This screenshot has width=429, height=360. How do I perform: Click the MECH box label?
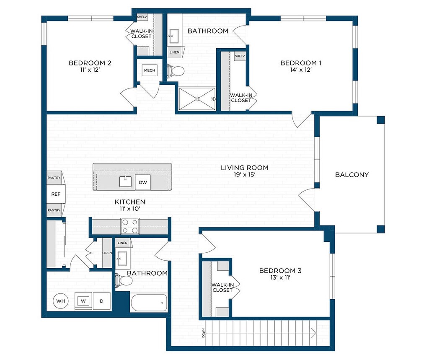pos(150,70)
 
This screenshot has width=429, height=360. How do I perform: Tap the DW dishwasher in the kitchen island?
pos(143,182)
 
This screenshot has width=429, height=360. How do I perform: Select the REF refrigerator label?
pos(56,194)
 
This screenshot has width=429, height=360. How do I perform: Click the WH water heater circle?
pos(60,301)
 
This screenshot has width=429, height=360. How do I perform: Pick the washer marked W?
pos(83,301)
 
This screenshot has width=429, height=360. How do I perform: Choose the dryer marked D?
pos(101,301)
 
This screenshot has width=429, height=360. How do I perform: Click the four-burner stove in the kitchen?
pos(130,226)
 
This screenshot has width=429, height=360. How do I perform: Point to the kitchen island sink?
pos(125,181)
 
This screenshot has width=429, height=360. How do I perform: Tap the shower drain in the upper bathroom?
pos(197,99)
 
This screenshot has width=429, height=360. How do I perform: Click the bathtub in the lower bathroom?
pos(149,303)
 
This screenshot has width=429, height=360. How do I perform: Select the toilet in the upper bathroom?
pos(176,71)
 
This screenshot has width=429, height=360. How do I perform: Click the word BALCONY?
pos(352,175)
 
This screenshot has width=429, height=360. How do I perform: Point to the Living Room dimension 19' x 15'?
pos(245,175)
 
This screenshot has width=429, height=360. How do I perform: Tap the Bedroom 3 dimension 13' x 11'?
pos(280,277)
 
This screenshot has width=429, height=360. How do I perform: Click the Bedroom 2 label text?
pos(90,63)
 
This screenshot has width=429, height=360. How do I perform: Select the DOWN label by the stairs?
pos(203,333)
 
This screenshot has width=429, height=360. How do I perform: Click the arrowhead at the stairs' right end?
pos(314,333)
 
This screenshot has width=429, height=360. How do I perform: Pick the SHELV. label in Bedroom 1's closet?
pos(240,56)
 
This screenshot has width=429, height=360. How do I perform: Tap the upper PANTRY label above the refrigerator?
pos(54,178)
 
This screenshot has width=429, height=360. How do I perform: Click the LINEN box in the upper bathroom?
pos(175,52)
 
